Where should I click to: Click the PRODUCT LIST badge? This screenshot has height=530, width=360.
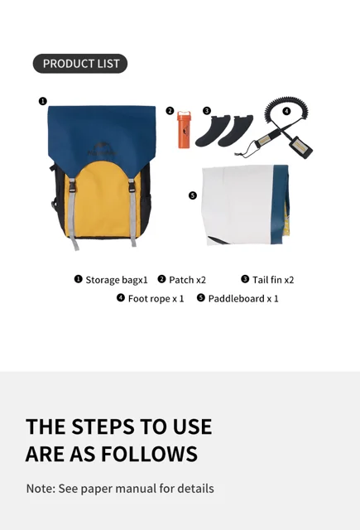80,64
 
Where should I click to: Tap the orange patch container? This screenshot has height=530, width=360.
184,129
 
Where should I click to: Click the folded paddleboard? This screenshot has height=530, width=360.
246,205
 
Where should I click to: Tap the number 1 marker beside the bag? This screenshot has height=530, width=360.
42,101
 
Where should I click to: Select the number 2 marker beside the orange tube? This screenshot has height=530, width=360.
170,110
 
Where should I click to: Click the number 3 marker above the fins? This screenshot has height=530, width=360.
207,110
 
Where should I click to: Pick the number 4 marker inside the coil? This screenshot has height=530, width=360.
286,111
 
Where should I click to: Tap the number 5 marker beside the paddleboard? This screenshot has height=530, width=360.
193,195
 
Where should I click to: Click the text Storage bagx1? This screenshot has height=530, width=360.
117,280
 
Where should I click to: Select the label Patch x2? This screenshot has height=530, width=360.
187,280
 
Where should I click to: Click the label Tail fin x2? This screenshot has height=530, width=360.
273,280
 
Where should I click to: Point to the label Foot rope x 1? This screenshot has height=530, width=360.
156,299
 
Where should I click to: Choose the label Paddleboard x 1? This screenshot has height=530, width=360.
243,299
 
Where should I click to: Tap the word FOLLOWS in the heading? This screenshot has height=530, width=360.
149,454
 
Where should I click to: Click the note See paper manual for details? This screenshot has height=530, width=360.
136,489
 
